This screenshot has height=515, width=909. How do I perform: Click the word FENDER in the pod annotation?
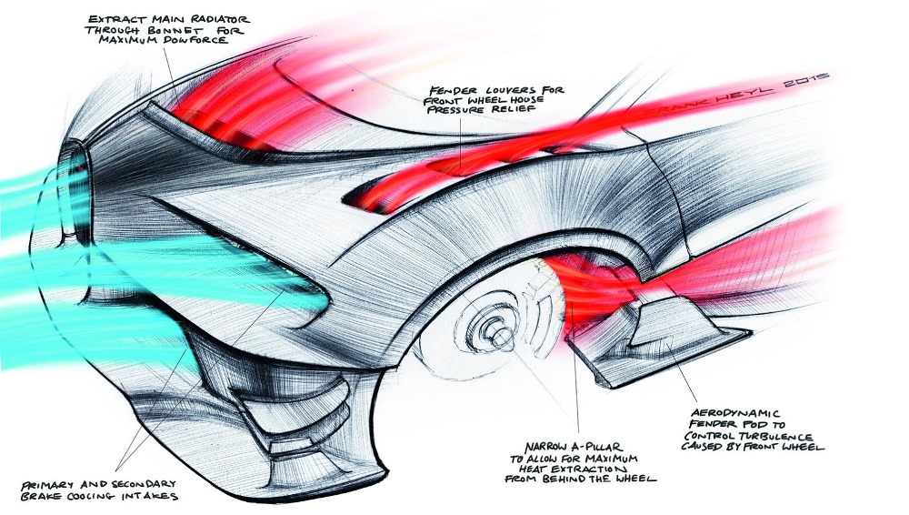click(x=701, y=423)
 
